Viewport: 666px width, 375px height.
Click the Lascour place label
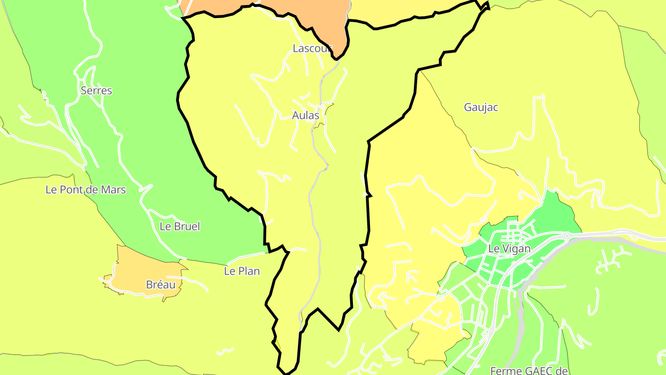312,48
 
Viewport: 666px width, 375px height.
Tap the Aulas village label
306,115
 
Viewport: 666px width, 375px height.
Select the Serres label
96,90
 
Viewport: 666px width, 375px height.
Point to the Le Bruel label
179,226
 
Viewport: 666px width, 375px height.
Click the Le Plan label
242,271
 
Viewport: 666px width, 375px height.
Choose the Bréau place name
161,285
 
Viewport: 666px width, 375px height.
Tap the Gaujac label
481,107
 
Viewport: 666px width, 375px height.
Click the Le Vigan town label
509,249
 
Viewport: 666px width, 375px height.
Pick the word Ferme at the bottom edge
505,371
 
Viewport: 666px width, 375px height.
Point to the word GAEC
537,371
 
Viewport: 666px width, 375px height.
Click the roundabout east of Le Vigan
566,236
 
